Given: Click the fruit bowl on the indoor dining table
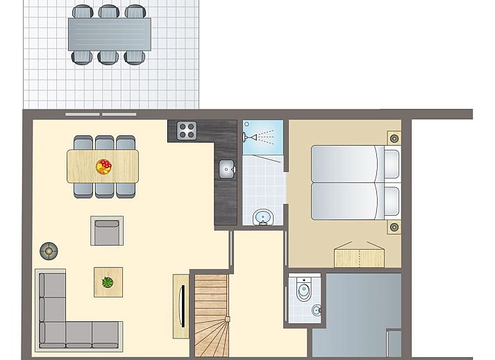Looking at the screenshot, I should [103, 166].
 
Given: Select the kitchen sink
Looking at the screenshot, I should [226, 168].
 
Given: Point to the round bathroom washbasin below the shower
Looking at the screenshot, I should [262, 217].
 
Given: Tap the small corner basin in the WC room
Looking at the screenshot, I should [316, 310].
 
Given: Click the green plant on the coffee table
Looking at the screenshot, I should [108, 282].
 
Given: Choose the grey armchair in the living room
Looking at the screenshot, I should [107, 231].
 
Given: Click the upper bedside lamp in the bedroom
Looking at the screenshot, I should [394, 138].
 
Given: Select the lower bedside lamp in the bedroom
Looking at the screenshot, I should [394, 226].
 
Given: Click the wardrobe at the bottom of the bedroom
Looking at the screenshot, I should [359, 257].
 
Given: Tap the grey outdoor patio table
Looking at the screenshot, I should [109, 34].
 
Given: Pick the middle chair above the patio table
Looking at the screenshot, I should [108, 12].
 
